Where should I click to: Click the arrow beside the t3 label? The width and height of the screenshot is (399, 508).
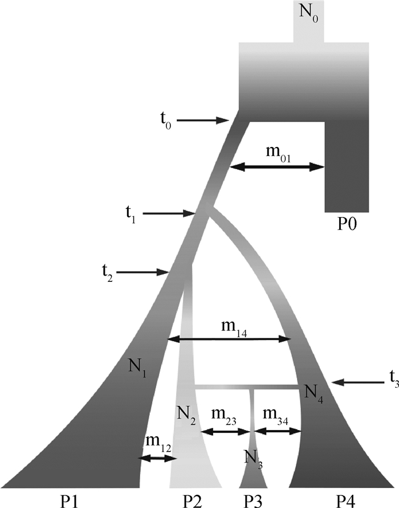click(353, 381)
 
